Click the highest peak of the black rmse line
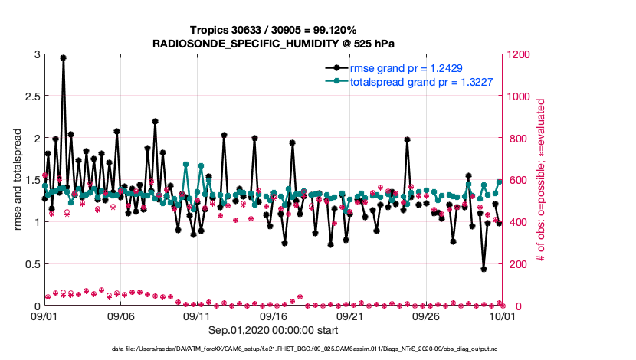pyautogui.click(x=63, y=57)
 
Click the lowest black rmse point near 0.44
pyautogui.click(x=484, y=269)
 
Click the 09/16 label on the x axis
pyautogui.click(x=274, y=315)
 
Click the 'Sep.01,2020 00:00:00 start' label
pyautogui.click(x=273, y=330)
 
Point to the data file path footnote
pyautogui.click(x=317, y=349)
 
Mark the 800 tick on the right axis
pyautogui.click(x=513, y=139)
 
